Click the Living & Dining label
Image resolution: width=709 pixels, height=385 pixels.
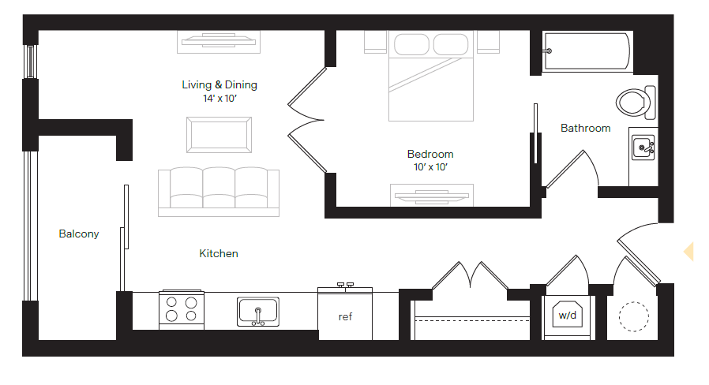point(219,85)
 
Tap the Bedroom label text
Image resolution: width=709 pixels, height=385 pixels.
point(430,155)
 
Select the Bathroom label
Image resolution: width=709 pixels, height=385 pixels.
point(585,128)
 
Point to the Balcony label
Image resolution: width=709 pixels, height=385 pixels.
point(79,234)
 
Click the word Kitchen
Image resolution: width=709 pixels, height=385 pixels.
point(219,253)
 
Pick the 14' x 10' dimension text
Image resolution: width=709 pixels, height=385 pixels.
point(219,99)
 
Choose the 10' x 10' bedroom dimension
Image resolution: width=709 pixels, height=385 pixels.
point(430,167)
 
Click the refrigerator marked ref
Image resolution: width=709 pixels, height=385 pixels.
point(345,316)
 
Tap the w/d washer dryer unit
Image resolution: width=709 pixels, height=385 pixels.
point(568,315)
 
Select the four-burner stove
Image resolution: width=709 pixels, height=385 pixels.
point(182,311)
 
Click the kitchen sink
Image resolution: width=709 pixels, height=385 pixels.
point(258,311)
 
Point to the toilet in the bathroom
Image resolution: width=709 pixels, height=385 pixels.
point(636,102)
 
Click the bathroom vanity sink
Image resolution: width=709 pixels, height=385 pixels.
point(643,147)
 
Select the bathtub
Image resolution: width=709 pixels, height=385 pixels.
point(587,50)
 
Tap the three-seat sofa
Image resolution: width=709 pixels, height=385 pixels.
point(219,191)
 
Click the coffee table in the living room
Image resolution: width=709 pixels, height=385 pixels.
point(219,135)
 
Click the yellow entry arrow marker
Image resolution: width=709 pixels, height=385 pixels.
point(688,251)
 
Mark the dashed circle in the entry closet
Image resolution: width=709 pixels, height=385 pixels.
point(633,318)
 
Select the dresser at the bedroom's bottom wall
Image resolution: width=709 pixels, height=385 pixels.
point(432,194)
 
